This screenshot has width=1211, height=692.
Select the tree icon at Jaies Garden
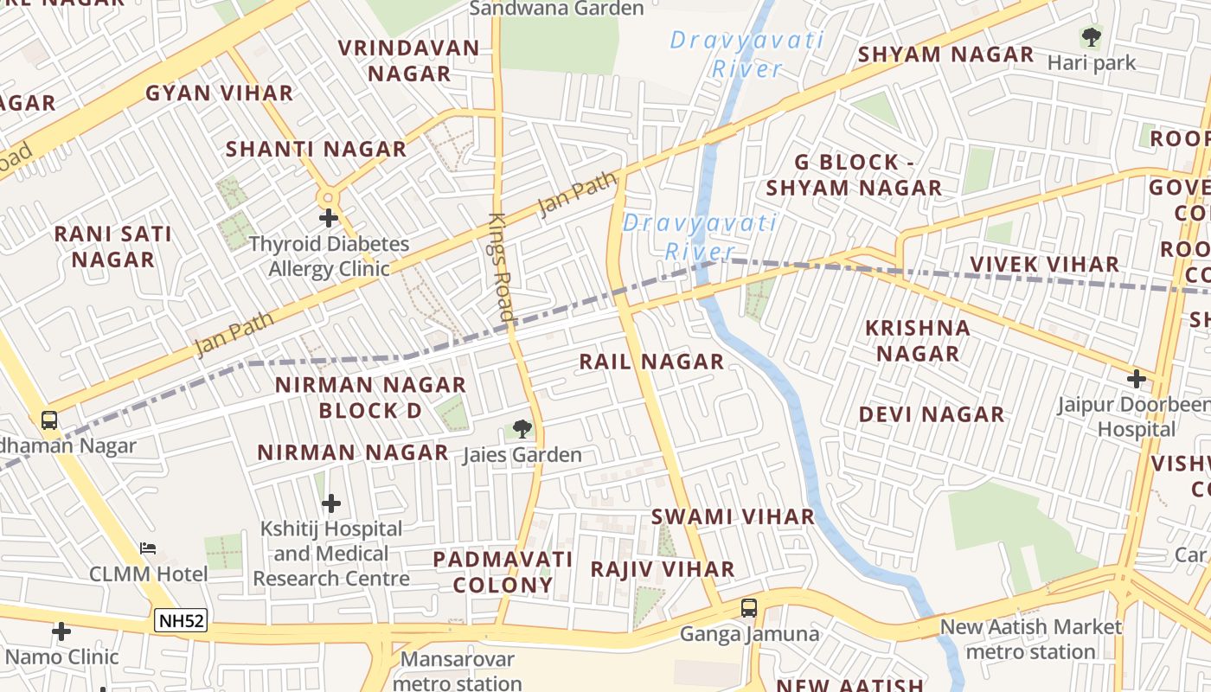click(x=522, y=427)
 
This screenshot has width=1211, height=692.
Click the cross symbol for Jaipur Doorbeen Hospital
click(x=1136, y=378)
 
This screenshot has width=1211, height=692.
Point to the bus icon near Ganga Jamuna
click(x=749, y=607)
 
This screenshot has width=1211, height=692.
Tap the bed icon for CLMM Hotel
click(x=148, y=548)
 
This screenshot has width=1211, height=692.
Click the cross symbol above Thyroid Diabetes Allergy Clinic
click(x=328, y=218)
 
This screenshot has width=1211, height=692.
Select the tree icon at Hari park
click(x=1092, y=37)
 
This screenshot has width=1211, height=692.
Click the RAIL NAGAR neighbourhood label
click(x=651, y=362)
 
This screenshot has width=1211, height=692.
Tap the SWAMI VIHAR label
click(x=733, y=517)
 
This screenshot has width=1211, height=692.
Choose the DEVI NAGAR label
click(x=932, y=414)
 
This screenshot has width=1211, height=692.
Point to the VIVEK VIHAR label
click(x=1044, y=264)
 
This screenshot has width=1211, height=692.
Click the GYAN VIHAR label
click(x=219, y=93)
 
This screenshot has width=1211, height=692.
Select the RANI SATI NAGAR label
click(x=112, y=247)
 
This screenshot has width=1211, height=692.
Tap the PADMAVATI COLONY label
click(x=503, y=572)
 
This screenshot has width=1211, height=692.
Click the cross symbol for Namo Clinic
click(x=61, y=631)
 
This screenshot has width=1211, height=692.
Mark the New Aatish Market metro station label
click(x=1030, y=639)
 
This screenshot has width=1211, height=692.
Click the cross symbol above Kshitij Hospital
click(x=331, y=503)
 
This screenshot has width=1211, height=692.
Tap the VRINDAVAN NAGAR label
click(x=409, y=61)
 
